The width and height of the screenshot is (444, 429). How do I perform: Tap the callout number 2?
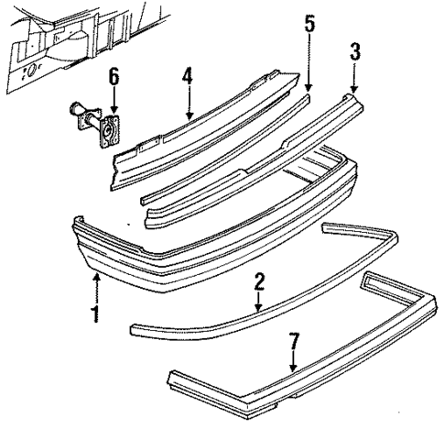pyautogui.click(x=259, y=280)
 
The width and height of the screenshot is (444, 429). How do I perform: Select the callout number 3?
pyautogui.click(x=354, y=51)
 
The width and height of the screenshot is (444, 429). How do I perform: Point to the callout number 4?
pyautogui.click(x=187, y=76)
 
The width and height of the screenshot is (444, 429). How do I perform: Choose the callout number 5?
pyautogui.click(x=309, y=24)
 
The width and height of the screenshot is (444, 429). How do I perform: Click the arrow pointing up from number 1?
pyautogui.click(x=95, y=288)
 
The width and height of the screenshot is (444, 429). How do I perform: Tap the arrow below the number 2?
pyautogui.click(x=259, y=302)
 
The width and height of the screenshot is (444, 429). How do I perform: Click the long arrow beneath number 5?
pyautogui.click(x=309, y=64)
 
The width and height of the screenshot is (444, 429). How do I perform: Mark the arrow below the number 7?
pyautogui.click(x=293, y=365)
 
